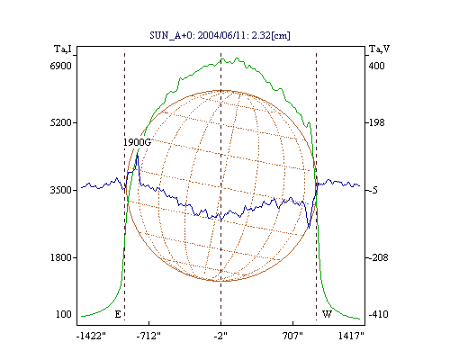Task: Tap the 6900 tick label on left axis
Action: [x=61, y=66]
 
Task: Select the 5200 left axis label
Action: [x=61, y=122]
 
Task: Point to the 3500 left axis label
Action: [x=61, y=190]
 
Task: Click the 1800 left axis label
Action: [x=61, y=257]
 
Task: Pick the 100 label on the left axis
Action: [x=64, y=314]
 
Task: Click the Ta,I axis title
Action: [x=63, y=49]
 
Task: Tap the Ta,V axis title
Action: [x=379, y=49]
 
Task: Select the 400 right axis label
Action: [x=376, y=66]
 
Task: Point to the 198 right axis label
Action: [x=376, y=122]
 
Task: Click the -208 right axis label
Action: [x=378, y=257]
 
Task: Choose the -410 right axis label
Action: [x=378, y=314]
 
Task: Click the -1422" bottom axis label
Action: [x=92, y=336]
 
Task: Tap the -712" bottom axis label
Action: [x=148, y=336]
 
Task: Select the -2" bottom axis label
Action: [x=220, y=336]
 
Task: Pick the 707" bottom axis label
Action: [x=292, y=336]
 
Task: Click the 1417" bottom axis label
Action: [x=351, y=336]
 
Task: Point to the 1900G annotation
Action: [x=137, y=142]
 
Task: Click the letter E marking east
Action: [x=118, y=314]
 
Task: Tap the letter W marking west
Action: [x=327, y=314]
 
